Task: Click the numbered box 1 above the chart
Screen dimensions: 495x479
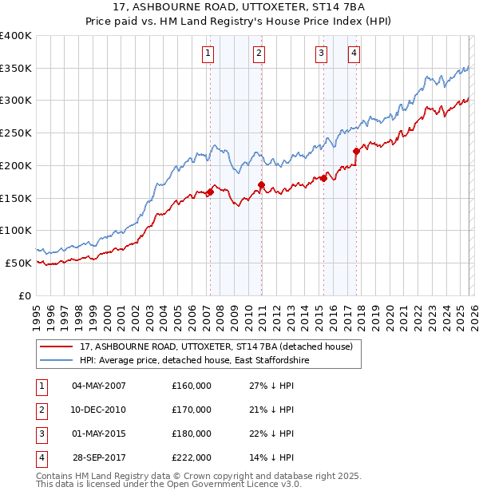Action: [208, 53]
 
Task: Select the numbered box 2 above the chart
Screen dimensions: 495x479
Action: [259, 53]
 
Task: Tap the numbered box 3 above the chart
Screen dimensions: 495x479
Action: [321, 53]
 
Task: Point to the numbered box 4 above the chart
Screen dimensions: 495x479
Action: [353, 53]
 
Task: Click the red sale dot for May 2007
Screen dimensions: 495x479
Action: [210, 192]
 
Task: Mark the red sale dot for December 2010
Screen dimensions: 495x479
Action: [261, 185]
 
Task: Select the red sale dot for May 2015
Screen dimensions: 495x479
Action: [323, 179]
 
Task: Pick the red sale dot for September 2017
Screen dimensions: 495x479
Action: [357, 151]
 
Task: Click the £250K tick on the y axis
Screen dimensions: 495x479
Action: [16, 133]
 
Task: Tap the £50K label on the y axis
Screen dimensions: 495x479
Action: [18, 263]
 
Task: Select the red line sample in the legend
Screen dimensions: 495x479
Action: [56, 346]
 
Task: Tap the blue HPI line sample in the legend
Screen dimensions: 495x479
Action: [56, 361]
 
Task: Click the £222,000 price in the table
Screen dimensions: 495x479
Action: [192, 458]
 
